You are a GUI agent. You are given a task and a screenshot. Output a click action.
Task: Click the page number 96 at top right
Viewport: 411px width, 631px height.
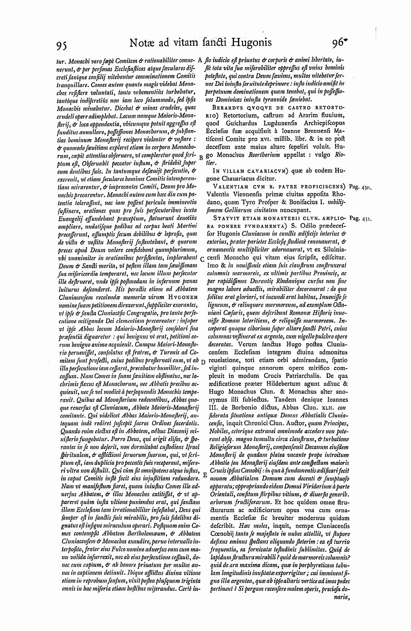[339, 43]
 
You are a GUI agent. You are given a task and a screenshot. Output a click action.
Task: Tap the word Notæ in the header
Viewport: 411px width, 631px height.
[143, 42]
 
